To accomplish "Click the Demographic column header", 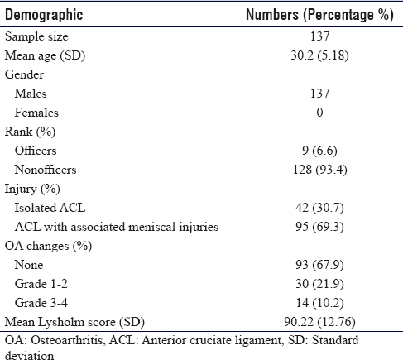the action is coord(44,15).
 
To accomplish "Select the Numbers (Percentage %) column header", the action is coord(319,15).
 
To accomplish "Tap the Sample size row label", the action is coord(36,36).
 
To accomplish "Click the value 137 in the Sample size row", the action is coord(319,36).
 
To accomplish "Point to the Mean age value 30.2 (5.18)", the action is coord(319,55).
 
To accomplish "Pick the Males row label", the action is coord(31,94).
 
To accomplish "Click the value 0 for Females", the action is coord(319,113).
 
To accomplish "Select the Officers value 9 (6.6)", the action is coord(319,151).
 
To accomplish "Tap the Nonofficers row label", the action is coord(46,170).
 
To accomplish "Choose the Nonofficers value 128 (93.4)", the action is coord(319,170).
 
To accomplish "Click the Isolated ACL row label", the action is coord(50,208).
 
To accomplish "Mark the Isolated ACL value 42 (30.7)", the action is coord(319,208).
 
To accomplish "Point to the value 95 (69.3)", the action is coord(319,227).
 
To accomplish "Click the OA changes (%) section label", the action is coord(48,246).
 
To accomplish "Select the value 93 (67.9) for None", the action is coord(319,265).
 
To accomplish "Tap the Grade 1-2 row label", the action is coord(41,284).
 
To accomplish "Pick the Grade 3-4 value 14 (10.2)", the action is coord(319,303).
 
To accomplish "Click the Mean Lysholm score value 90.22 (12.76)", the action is coord(319,322).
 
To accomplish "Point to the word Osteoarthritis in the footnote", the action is coord(66,340).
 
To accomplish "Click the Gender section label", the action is coord(24,74).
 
